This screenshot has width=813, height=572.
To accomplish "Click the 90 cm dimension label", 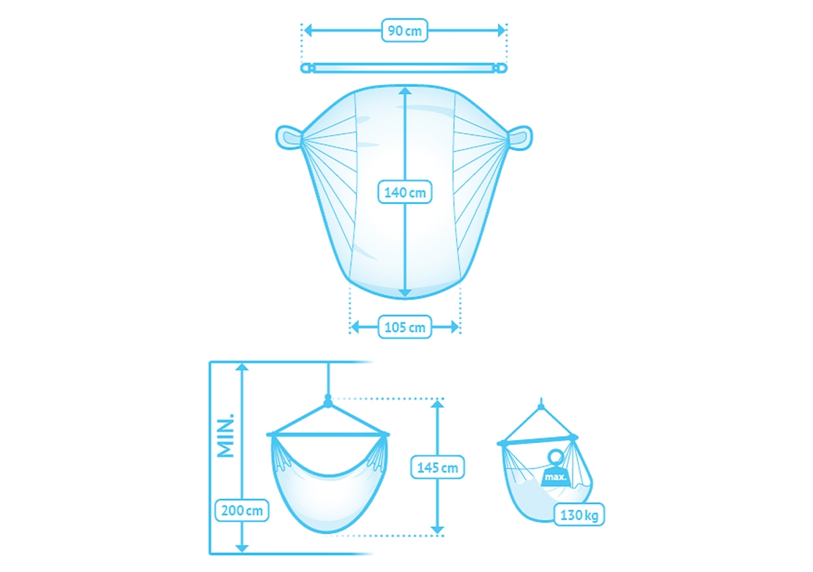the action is point(404,31).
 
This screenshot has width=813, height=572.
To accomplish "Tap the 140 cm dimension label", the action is point(405,192).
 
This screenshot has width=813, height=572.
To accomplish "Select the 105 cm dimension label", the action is point(405,327).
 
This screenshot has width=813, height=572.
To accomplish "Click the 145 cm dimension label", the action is point(437,467).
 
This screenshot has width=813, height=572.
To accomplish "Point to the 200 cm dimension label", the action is point(242,510).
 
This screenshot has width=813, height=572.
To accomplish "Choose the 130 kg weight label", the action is point(579,515).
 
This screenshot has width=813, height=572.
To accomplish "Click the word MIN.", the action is point(226,436).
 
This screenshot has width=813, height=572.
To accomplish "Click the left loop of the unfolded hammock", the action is point(289,138).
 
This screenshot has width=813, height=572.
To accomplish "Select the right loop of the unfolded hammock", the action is point(520,138).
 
